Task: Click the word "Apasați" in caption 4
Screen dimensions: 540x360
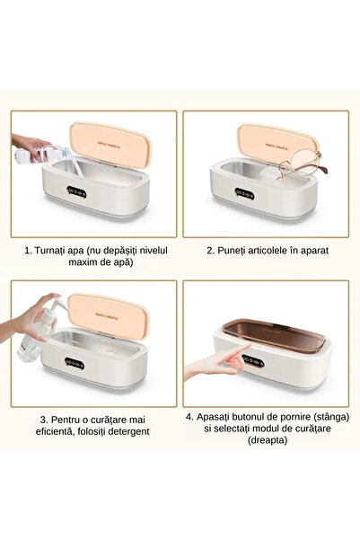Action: tap(224, 417)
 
